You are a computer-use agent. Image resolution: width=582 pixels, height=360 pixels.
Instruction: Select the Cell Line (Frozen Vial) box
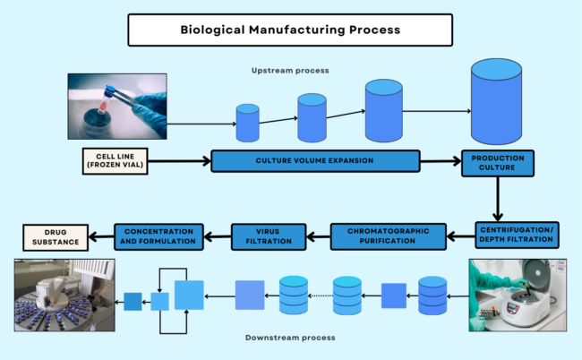(114, 161)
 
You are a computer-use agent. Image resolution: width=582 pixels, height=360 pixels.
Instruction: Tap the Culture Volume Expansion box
(315, 161)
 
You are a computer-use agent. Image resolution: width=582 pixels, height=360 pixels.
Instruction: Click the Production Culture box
(497, 162)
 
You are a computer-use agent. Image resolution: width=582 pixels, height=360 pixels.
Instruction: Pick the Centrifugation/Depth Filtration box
(516, 236)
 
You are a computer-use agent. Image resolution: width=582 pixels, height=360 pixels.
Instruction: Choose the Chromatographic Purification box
(388, 236)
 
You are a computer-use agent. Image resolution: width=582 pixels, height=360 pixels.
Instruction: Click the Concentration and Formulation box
(158, 236)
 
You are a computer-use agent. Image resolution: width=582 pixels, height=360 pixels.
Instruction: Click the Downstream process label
(289, 338)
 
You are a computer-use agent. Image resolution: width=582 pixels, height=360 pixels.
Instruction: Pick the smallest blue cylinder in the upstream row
(247, 123)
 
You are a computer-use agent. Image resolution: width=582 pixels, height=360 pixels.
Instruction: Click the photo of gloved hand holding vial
(117, 106)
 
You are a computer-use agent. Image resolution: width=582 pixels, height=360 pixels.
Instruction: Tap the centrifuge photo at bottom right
(517, 294)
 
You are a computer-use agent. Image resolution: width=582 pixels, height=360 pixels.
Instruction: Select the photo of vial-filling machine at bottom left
(60, 295)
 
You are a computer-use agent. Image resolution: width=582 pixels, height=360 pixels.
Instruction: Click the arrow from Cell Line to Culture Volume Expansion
(178, 161)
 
